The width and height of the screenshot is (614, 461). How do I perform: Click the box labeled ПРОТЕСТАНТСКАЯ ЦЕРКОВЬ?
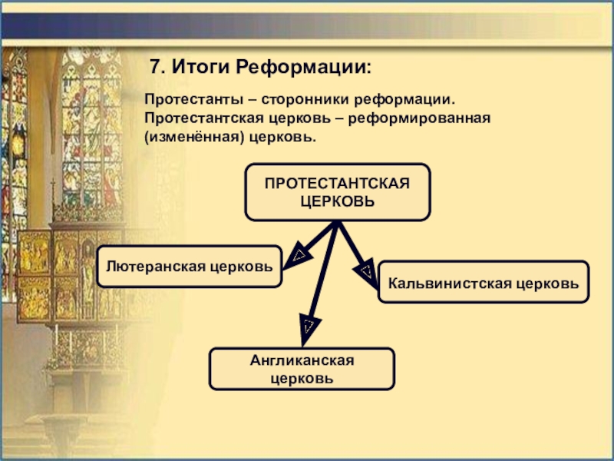point(338,192)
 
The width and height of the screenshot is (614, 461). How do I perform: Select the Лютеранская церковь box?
point(190,266)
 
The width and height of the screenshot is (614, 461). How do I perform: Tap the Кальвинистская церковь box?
point(484,281)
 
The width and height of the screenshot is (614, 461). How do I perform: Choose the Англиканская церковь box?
point(302,369)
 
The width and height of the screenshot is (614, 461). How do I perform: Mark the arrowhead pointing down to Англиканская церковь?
point(307,326)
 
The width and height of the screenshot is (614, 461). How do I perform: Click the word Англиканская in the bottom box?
point(302,360)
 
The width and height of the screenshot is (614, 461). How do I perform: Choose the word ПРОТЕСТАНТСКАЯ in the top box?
point(338,184)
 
